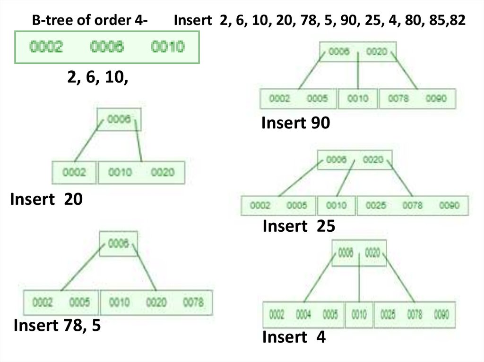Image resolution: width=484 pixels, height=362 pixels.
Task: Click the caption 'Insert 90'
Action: tap(295, 123)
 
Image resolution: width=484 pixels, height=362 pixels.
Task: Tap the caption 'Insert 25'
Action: tap(299, 227)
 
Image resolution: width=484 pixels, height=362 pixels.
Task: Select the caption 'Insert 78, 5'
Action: tap(57, 325)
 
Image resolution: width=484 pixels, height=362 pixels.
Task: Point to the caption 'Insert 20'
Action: tap(46, 200)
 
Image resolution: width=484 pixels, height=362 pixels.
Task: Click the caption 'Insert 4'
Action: tap(294, 337)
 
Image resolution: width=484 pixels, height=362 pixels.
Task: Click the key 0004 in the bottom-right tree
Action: tap(303, 314)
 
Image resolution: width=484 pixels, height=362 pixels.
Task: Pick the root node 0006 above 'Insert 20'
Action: tap(119, 120)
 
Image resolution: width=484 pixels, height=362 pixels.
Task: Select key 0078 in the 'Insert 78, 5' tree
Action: tap(193, 302)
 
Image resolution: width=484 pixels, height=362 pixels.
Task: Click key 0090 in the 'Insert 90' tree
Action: tap(436, 99)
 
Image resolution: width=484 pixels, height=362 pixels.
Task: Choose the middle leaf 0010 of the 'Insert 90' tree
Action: tap(357, 99)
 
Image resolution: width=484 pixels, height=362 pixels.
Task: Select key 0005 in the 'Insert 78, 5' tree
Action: tap(79, 302)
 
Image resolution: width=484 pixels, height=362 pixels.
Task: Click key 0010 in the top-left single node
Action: tap(167, 47)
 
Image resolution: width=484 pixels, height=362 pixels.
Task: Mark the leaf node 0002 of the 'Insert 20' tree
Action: tap(74, 172)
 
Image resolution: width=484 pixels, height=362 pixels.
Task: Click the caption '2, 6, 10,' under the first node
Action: tap(98, 77)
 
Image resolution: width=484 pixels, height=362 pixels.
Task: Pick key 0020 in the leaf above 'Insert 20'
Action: tap(163, 172)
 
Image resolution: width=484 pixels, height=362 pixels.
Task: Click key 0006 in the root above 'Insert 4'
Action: tap(346, 253)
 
